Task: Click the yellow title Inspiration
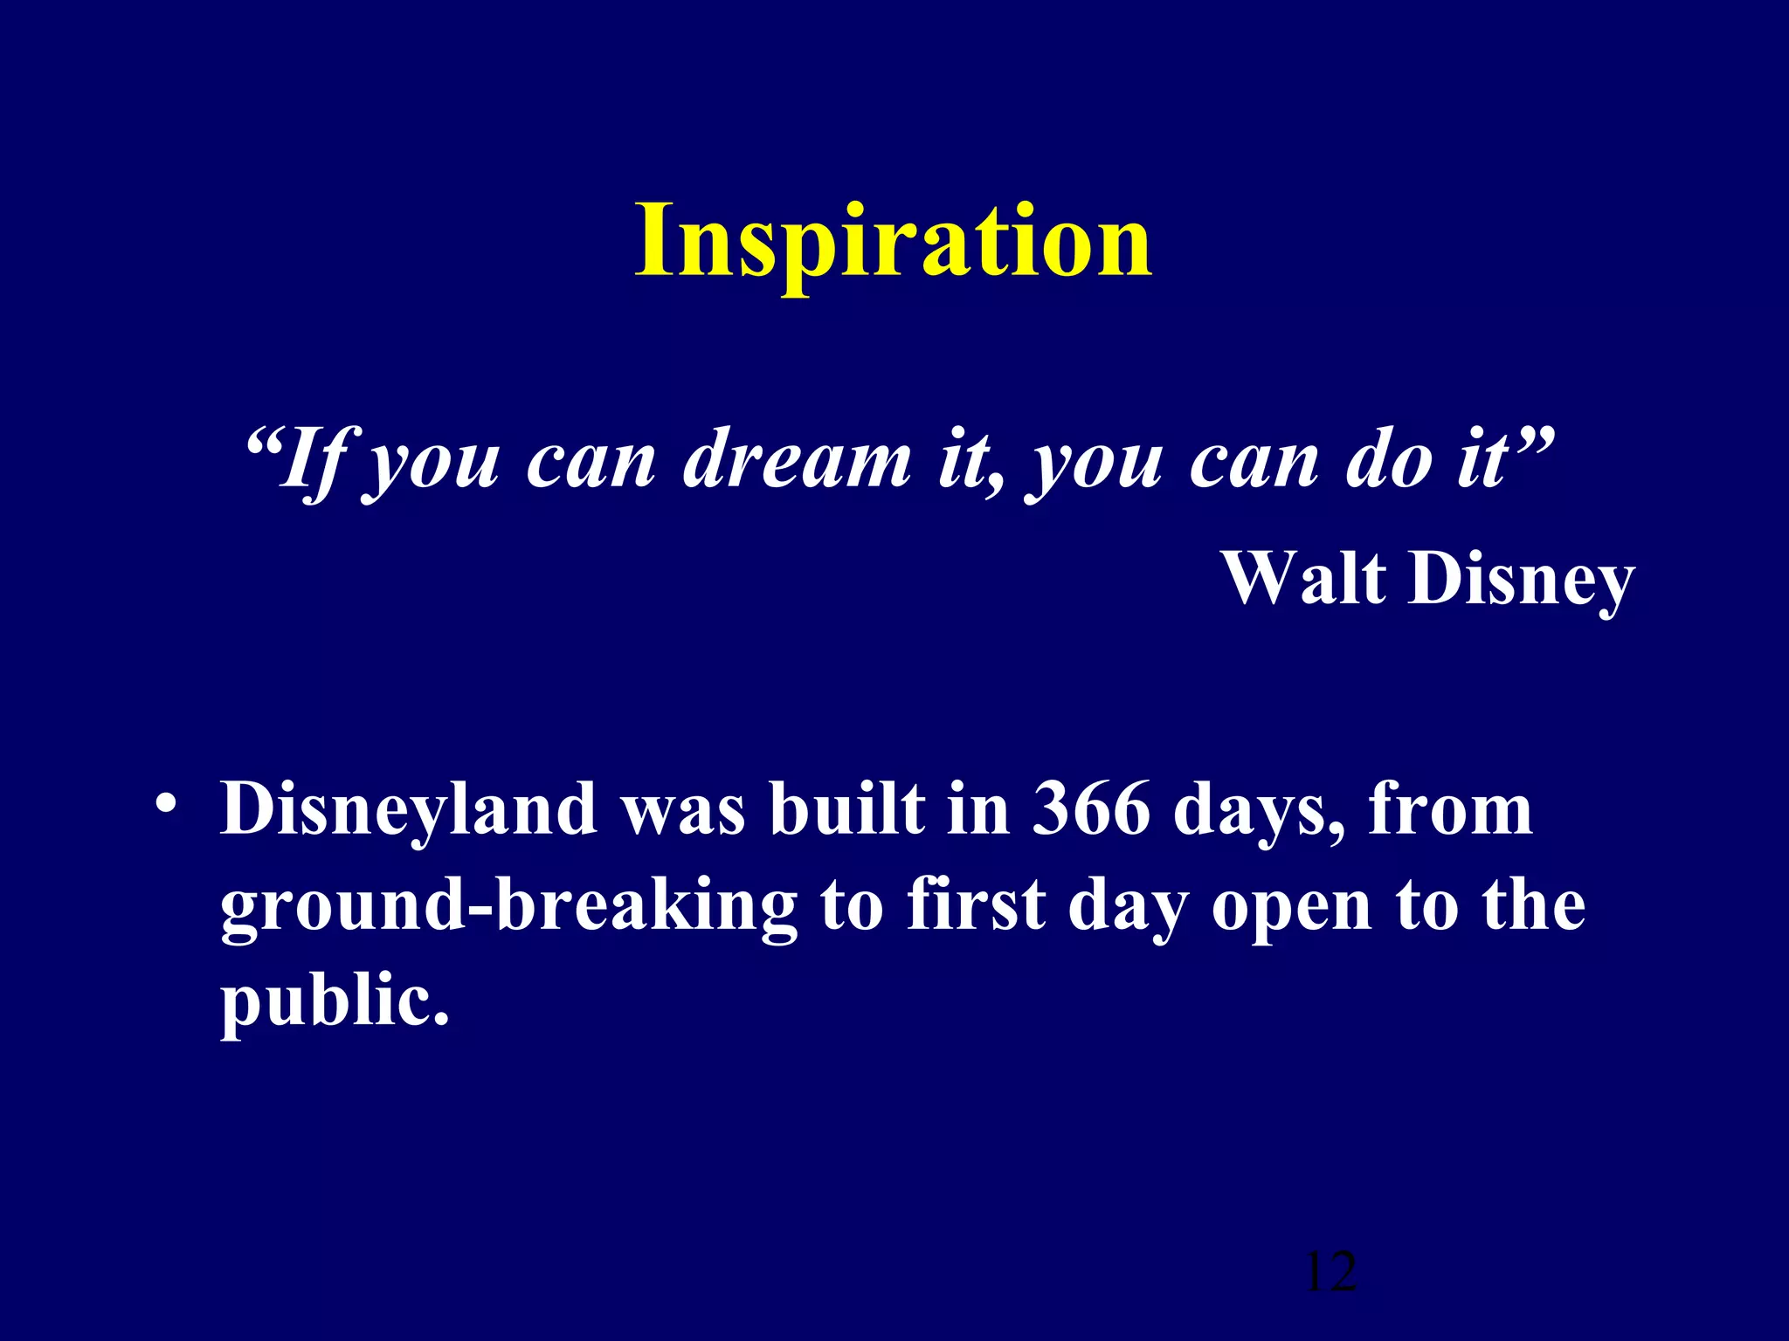pos(893,242)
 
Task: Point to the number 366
pos(1091,809)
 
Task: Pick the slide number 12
pos(1330,1272)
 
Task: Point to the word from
pos(1450,809)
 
